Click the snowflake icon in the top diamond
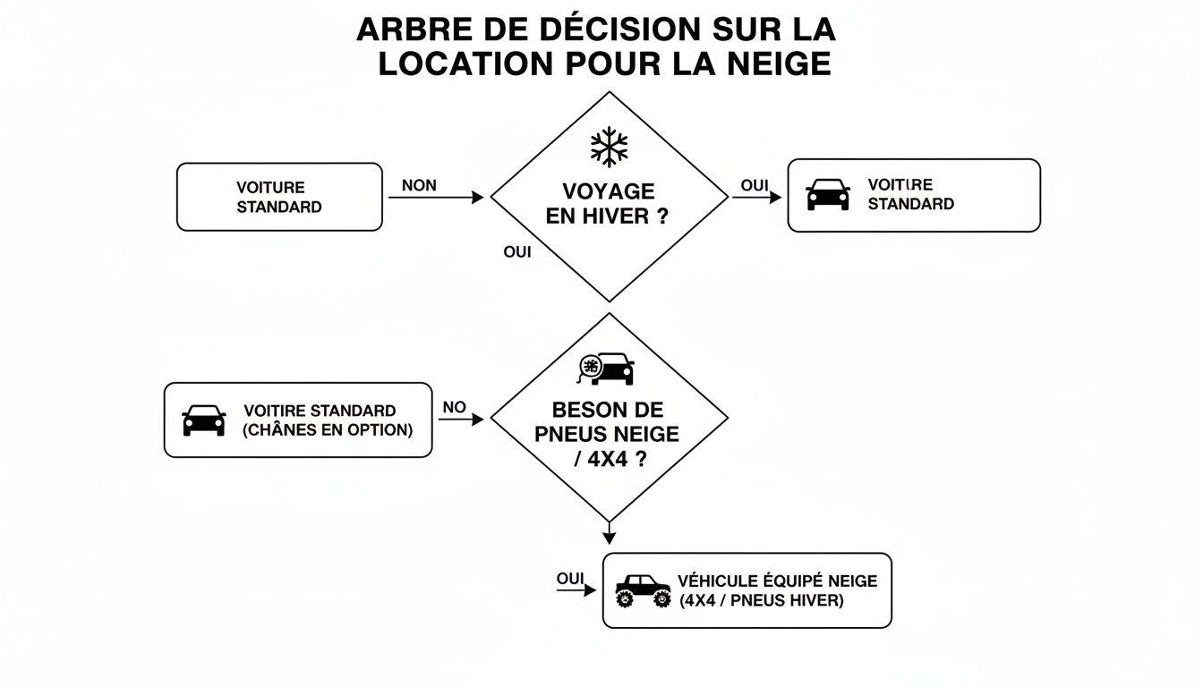609,147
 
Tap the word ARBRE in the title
408,29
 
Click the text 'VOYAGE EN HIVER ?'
609,204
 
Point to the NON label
419,185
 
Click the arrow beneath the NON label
436,198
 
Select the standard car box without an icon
279,197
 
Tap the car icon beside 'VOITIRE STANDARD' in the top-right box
828,195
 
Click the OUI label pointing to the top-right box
755,185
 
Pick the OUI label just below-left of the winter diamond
517,252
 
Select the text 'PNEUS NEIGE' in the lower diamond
607,435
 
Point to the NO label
454,407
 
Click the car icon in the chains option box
204,420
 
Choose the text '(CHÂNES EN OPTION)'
328,430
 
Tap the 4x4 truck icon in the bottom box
643,591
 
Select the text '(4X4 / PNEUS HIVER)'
761,600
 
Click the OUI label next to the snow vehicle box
569,579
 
